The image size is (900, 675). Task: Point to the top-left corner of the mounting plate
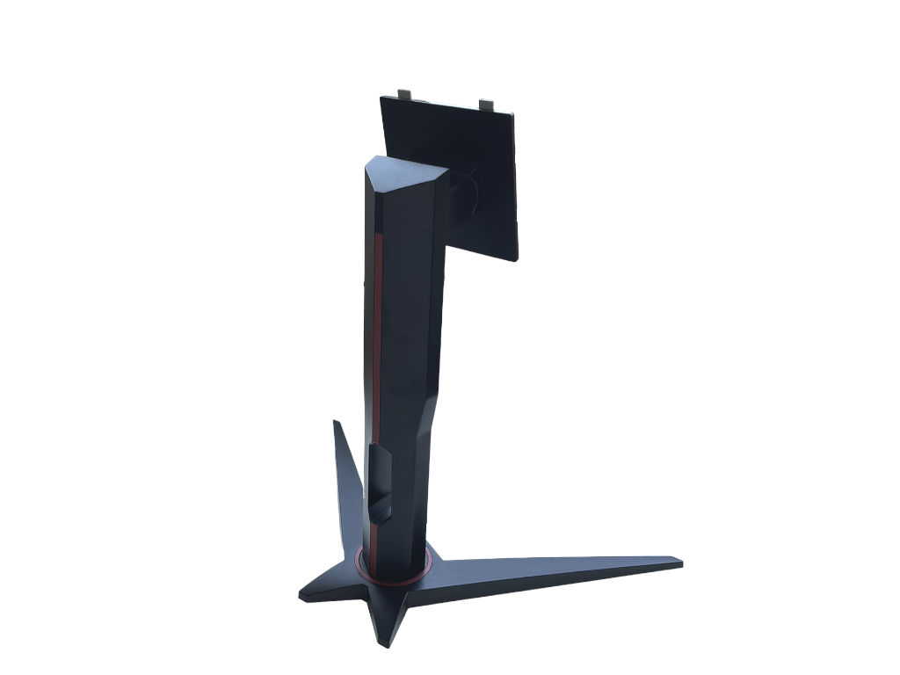[x=381, y=98]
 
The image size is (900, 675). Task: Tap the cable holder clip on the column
[x=380, y=479]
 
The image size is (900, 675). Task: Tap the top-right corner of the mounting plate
[x=519, y=113]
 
